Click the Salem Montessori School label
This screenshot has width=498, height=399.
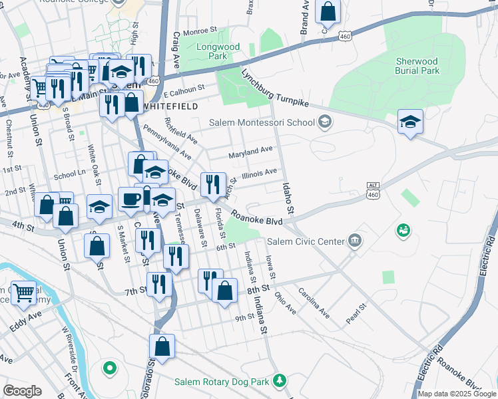click(x=262, y=122)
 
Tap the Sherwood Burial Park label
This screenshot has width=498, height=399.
click(x=417, y=65)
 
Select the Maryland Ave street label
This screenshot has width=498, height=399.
click(x=251, y=154)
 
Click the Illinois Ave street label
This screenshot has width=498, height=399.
click(x=259, y=172)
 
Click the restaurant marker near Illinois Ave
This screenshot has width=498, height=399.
click(x=213, y=183)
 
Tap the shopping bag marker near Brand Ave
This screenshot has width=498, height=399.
click(x=328, y=11)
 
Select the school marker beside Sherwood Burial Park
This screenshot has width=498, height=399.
click(x=410, y=122)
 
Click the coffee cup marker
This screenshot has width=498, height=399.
click(x=130, y=199)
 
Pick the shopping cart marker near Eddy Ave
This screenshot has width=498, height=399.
click(x=24, y=292)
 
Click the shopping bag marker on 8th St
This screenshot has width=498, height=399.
click(x=225, y=290)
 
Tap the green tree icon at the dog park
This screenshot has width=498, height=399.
click(x=281, y=381)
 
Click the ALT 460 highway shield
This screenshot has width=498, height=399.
click(x=373, y=190)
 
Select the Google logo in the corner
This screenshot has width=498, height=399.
click(x=22, y=391)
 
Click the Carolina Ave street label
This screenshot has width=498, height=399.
click(x=314, y=303)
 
